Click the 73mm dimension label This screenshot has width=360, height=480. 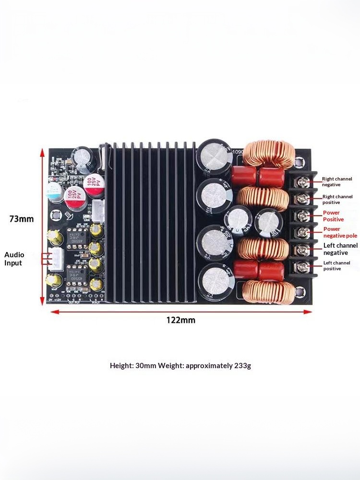pos(22,219)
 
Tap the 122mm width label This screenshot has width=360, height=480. pos(180,320)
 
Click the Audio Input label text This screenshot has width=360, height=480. pos(14,259)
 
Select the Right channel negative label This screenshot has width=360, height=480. pos(337,181)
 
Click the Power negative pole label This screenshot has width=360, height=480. pos(340,232)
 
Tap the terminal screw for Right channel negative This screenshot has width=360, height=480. pos(303,181)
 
